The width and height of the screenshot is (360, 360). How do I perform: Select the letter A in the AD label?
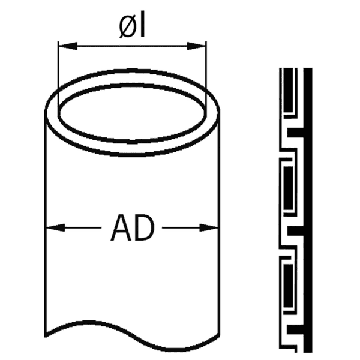[121, 228]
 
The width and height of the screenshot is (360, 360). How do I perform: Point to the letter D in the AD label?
[144, 228]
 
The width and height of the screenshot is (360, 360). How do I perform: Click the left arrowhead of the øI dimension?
[62, 45]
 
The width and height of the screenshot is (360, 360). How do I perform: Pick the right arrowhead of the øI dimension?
[202, 45]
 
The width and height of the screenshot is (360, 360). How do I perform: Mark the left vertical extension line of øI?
[58, 78]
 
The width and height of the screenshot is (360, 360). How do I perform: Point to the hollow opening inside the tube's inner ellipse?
[132, 114]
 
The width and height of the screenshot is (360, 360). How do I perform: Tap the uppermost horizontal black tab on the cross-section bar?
[296, 131]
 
